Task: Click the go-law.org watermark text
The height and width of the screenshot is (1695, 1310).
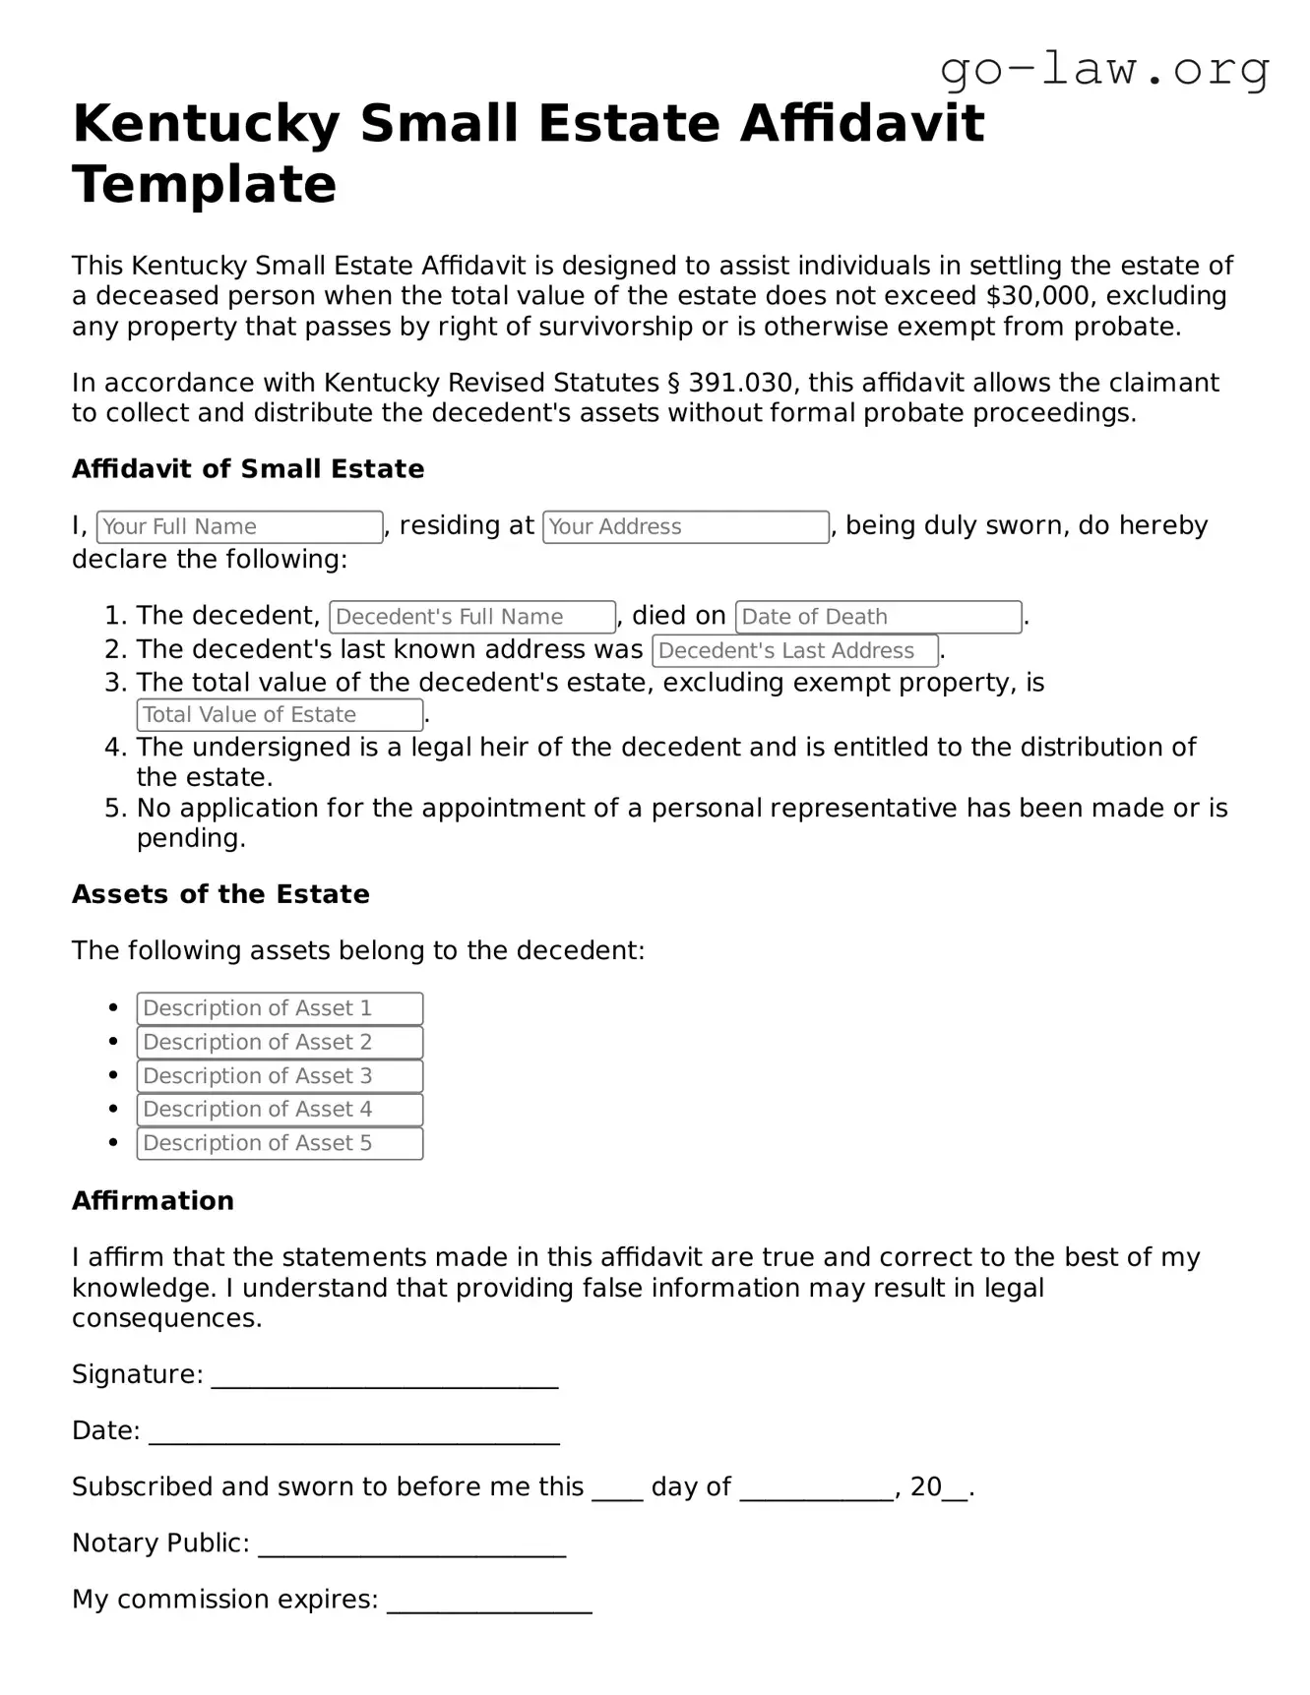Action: tap(1104, 70)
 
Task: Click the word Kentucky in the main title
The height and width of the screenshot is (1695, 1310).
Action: tap(206, 124)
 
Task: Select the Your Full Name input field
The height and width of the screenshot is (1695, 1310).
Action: tap(239, 527)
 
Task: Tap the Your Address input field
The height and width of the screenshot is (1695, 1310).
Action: tap(685, 527)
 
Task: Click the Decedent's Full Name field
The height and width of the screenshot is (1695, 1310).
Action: tap(472, 617)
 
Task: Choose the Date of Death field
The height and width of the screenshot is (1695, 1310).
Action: tap(877, 617)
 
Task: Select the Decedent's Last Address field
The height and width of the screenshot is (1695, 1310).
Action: tap(794, 650)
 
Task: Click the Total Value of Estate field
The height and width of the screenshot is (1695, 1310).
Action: tap(280, 715)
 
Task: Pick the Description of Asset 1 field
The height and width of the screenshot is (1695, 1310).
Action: tap(280, 1008)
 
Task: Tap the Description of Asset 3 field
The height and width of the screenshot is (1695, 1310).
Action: tap(280, 1076)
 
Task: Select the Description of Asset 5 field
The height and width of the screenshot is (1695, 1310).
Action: tap(280, 1143)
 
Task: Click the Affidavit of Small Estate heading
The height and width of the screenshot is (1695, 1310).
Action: tap(248, 469)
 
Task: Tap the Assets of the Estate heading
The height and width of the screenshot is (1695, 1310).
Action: tap(220, 894)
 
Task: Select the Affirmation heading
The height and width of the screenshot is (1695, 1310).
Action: tap(153, 1201)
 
